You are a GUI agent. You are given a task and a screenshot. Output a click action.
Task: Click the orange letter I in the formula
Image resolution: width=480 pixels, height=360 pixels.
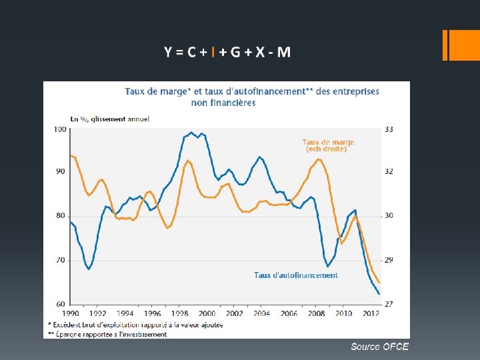(x=212, y=52)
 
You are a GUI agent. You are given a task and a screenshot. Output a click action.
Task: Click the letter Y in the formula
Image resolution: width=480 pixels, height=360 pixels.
(x=169, y=52)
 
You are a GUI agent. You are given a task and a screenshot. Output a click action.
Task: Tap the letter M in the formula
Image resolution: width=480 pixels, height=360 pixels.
(x=283, y=52)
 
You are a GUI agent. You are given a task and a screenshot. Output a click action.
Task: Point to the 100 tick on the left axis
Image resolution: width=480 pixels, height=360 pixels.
(x=60, y=129)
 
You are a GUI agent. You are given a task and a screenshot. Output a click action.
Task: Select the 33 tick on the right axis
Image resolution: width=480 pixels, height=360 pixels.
(x=389, y=129)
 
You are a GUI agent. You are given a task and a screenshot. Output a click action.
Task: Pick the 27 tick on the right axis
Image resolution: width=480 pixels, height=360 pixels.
(x=389, y=304)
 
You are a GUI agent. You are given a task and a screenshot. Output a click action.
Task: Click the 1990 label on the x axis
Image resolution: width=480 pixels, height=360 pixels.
(x=70, y=313)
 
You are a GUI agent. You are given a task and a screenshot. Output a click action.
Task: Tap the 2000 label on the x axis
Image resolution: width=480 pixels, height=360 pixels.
(x=207, y=313)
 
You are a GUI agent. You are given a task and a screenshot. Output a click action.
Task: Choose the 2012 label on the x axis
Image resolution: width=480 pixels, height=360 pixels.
(x=371, y=313)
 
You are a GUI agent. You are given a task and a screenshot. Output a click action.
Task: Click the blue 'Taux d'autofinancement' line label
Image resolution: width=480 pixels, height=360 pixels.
(x=296, y=275)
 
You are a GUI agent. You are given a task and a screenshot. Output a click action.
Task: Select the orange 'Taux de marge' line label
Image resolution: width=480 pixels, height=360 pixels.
(x=328, y=142)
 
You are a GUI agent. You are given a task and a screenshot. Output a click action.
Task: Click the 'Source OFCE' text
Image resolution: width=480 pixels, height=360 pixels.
(x=379, y=347)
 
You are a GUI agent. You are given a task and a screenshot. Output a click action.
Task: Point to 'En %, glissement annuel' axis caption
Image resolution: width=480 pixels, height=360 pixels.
(x=110, y=119)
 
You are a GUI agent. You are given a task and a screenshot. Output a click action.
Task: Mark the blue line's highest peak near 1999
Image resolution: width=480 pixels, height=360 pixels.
(x=191, y=132)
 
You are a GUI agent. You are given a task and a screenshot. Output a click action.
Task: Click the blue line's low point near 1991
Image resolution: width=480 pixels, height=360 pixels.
(x=89, y=269)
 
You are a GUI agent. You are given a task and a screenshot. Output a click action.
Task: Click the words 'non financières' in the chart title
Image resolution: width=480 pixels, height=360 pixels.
(x=223, y=103)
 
